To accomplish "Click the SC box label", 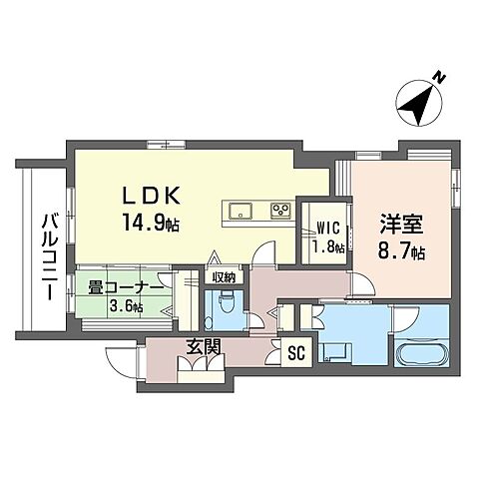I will [295, 352].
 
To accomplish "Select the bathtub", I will [416, 354].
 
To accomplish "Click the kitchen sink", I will [242, 211].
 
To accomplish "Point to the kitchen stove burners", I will [279, 211].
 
